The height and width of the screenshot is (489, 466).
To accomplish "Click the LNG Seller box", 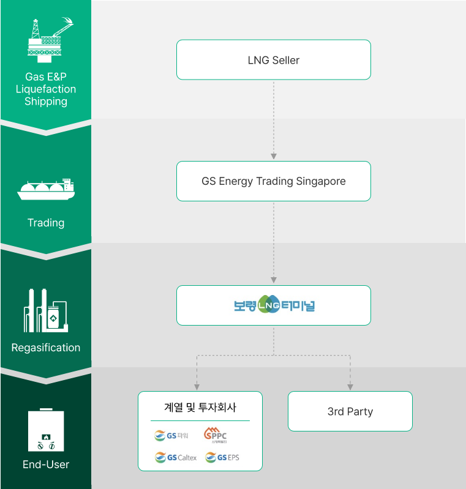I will pos(273,60).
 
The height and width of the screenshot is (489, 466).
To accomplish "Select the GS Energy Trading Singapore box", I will pos(273,181).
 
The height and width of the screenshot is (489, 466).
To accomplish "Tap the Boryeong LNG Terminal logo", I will pos(273,305).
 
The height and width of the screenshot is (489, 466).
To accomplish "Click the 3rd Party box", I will pos(350,411).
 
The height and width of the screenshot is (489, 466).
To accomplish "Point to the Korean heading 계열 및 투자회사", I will pos(200,407).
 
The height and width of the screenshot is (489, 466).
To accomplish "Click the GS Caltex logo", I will pos(176,457).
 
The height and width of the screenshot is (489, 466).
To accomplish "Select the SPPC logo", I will pos(215,435).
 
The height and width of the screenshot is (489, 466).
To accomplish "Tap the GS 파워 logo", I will pos(171,436).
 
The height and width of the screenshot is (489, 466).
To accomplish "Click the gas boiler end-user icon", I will pos(45,430).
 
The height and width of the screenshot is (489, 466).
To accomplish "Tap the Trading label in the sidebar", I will pos(46,223).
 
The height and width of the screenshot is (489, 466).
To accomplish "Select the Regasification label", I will pos(46,348).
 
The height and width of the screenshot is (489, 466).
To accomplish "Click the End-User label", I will pos(46,465).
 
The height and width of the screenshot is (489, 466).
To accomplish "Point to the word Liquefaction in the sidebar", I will pos(46,89).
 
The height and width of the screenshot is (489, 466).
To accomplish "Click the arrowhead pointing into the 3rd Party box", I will pos(350,387).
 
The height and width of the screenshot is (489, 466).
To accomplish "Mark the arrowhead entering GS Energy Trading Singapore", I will pos(273,157).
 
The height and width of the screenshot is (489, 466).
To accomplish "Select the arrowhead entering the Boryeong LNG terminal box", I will pos(273,282).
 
